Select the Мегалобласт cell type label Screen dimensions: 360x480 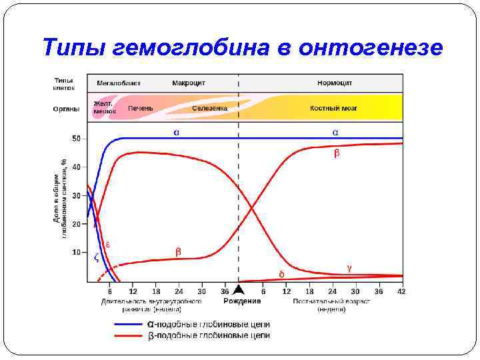[118, 83]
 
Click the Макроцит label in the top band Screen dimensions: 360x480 [189, 83]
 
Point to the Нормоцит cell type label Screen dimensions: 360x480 [335, 83]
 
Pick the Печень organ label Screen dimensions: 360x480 [141, 108]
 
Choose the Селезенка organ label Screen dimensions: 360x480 [210, 108]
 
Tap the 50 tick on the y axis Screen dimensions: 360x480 [76, 139]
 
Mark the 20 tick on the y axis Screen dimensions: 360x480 [76, 224]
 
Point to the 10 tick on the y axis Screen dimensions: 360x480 [76, 253]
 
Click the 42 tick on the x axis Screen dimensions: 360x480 [400, 291]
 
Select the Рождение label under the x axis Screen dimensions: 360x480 [242, 301]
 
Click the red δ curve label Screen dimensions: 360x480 [281, 273]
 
